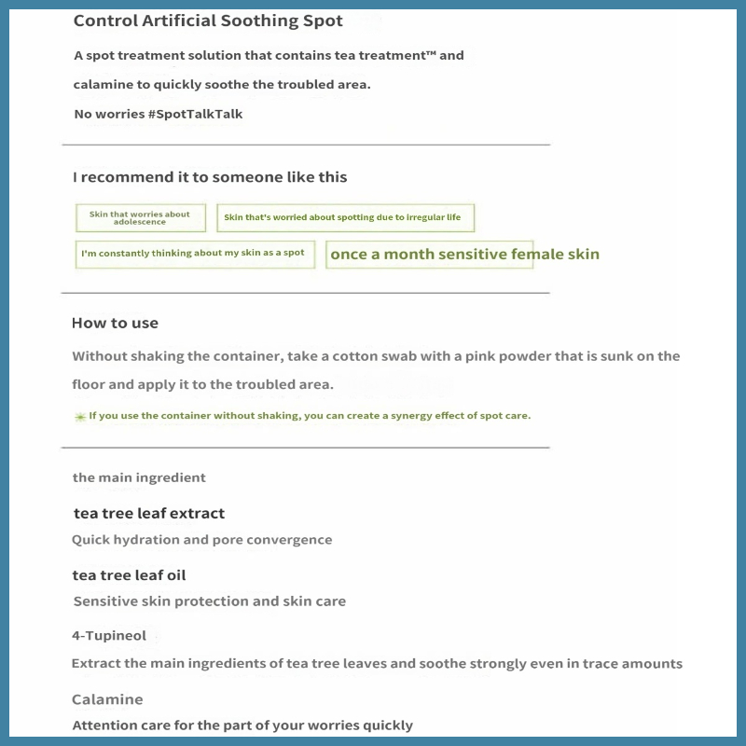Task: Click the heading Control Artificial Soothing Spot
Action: [x=208, y=21]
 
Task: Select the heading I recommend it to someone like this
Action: [x=210, y=177]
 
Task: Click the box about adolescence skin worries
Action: [x=140, y=218]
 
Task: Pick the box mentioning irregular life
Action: [x=345, y=218]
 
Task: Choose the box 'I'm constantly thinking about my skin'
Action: [x=194, y=254]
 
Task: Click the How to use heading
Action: [x=115, y=324]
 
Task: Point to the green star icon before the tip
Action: [x=80, y=417]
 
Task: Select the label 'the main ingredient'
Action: [x=139, y=477]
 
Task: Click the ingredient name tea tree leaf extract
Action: [x=149, y=514]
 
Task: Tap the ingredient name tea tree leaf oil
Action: [x=129, y=575]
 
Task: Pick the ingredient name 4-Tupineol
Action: [x=109, y=636]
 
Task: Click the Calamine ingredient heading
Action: [x=107, y=699]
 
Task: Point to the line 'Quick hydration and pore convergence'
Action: [x=201, y=540]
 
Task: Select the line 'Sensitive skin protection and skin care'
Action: [x=209, y=601]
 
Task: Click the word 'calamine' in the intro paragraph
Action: [x=105, y=85]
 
